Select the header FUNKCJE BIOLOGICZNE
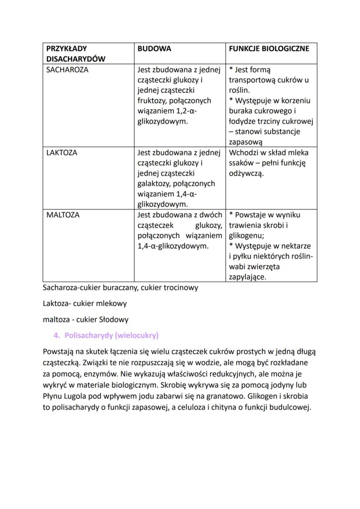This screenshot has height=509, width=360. tap(269, 49)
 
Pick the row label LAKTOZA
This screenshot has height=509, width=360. tap(62, 153)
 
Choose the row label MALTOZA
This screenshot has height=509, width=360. tap(63, 215)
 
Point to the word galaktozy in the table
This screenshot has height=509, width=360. tap(157, 184)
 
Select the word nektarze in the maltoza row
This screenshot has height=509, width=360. tap(296, 246)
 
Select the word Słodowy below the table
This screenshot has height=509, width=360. tap(113, 319)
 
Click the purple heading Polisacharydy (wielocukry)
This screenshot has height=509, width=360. tap(111, 336)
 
